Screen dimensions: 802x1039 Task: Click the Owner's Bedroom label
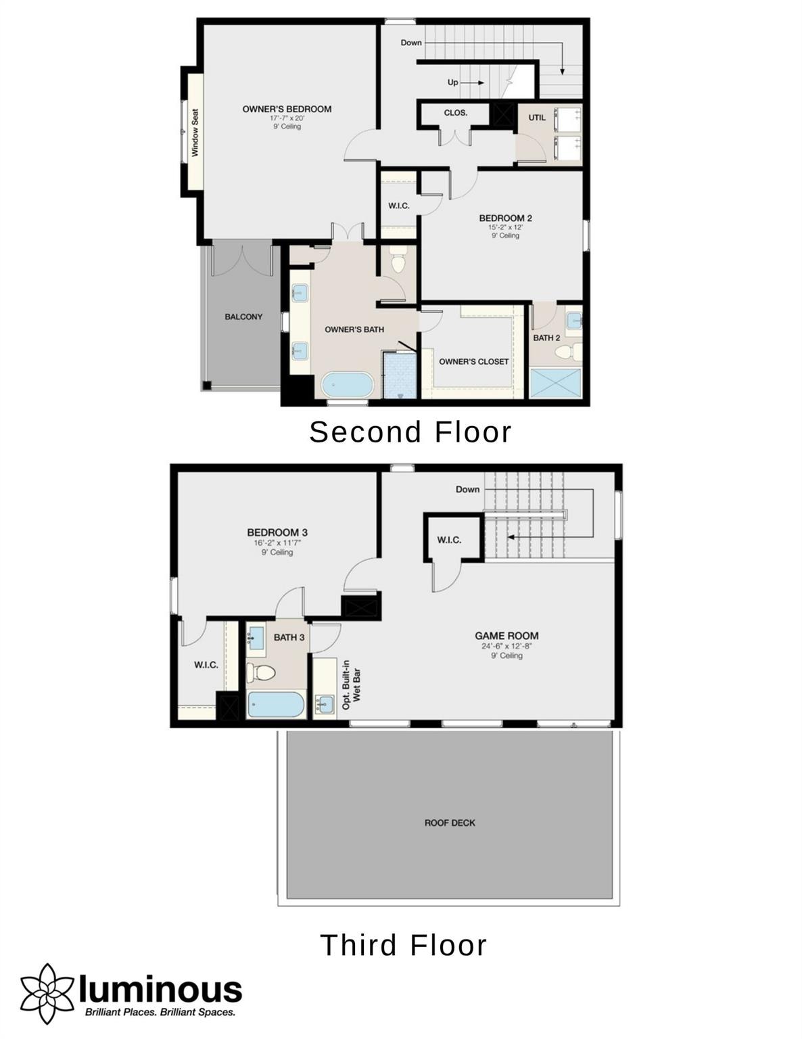[x=287, y=109]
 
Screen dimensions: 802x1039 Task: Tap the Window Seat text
[x=195, y=133]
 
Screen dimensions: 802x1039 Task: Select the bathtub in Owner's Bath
[x=347, y=384]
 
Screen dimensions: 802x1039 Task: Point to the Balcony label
[x=243, y=317]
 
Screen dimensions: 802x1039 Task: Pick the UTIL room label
[x=537, y=118]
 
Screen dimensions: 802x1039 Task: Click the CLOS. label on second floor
[x=456, y=113]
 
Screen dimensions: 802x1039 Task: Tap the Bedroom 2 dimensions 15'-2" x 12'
[x=505, y=227]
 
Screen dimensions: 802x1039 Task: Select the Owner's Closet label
[x=473, y=362]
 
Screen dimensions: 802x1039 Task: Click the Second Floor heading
[x=410, y=432]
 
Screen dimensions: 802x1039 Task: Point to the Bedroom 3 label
[x=277, y=532]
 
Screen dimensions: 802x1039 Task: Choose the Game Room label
[x=506, y=636]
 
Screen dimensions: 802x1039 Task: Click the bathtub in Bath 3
[x=276, y=704]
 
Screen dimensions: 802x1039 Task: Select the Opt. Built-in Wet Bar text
[x=351, y=685]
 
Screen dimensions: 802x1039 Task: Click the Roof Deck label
[x=450, y=823]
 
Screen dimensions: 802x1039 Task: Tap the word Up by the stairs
[x=452, y=83]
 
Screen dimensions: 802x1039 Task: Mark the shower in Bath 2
[x=555, y=383]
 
